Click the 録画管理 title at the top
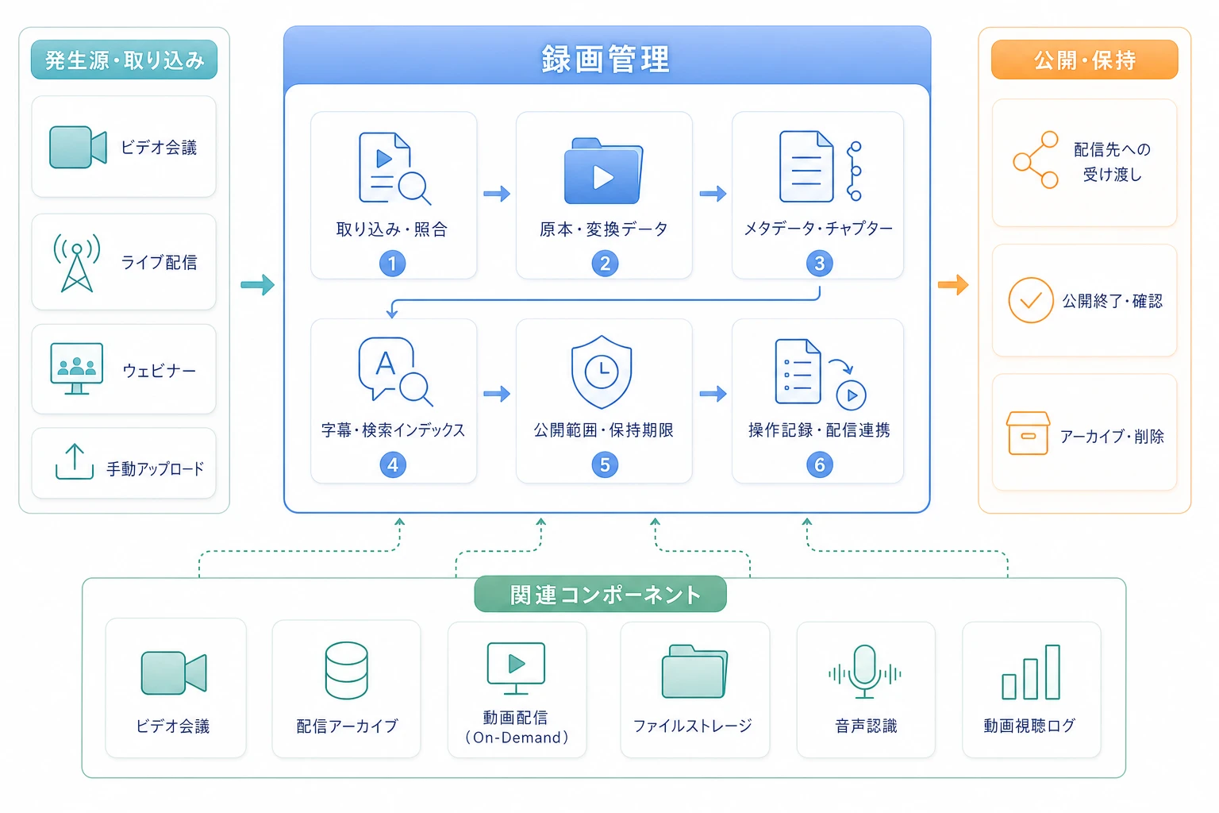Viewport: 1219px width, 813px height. [x=606, y=60]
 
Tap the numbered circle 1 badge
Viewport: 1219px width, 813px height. [x=392, y=264]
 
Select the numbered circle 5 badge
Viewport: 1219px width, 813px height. [x=605, y=464]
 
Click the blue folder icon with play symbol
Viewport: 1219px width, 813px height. [x=603, y=171]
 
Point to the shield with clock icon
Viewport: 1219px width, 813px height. [x=602, y=372]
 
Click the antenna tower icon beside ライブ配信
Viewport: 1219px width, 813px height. [x=77, y=263]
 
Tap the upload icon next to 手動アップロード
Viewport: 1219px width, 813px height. [x=75, y=462]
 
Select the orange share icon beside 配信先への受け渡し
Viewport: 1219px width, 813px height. [x=1036, y=160]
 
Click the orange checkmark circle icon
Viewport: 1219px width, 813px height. [x=1031, y=300]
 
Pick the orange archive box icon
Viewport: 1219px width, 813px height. [x=1028, y=433]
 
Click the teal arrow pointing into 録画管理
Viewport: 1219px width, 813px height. [x=257, y=284]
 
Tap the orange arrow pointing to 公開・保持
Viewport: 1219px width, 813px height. [x=953, y=284]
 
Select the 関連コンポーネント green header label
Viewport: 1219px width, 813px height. [x=600, y=594]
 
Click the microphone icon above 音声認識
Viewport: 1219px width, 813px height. [x=865, y=672]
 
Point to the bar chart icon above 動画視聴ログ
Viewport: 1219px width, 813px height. [x=1031, y=672]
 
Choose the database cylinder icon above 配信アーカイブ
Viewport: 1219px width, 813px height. [x=346, y=670]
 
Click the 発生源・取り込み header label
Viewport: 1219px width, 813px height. [x=124, y=60]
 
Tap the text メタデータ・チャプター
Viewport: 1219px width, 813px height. [x=818, y=229]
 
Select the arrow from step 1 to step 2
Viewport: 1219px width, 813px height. [x=497, y=193]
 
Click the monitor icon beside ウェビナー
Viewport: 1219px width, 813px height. [x=77, y=368]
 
